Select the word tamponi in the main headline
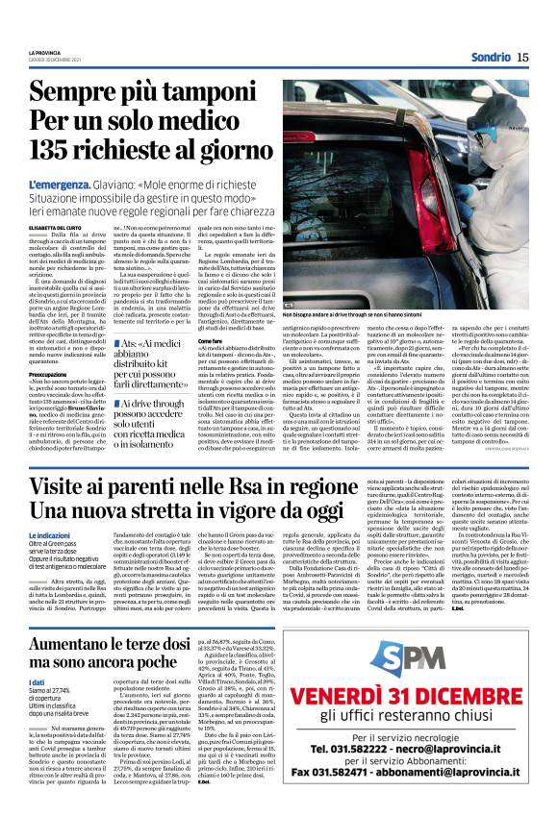point(224,94)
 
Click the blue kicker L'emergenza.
point(61,184)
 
